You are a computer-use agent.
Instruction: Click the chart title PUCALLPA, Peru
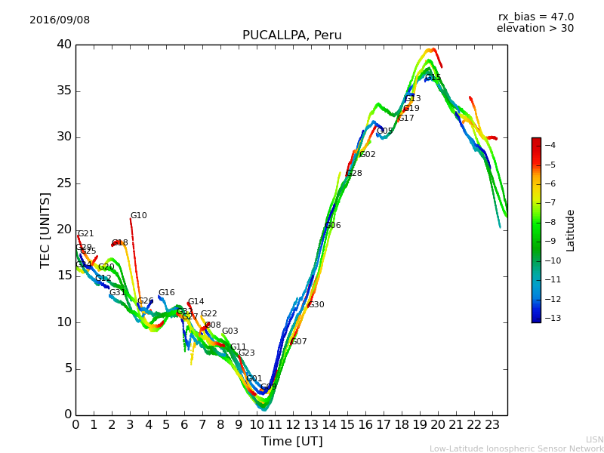291,35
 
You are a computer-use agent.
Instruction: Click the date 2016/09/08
60,20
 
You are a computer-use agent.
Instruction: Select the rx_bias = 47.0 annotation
535,17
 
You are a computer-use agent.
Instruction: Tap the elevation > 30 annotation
535,29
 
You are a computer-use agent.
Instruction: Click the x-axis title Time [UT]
291,442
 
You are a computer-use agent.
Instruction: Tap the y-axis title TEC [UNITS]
46,230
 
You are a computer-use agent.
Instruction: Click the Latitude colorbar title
571,230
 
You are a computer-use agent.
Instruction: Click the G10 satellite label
138,216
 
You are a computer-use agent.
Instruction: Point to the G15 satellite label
433,78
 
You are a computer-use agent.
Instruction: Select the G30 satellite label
316,305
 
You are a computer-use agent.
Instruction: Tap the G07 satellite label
299,342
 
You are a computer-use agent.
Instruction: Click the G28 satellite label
354,174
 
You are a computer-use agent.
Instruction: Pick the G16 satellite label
166,293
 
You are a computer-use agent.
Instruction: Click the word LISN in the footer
594,439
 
